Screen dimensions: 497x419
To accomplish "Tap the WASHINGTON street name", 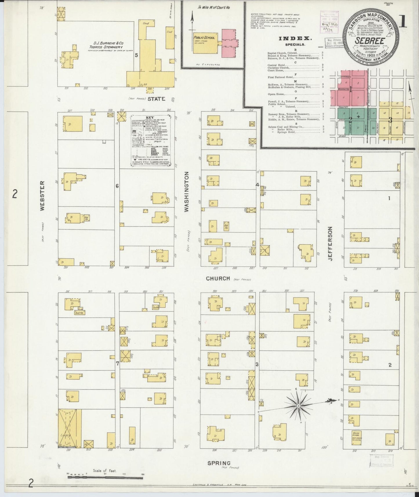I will (x=186, y=191).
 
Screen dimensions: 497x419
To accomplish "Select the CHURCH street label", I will (x=218, y=278).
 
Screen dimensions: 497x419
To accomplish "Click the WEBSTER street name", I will (x=42, y=196).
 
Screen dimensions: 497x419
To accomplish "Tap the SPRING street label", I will (x=219, y=463).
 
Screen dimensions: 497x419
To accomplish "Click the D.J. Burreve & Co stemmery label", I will (x=106, y=45).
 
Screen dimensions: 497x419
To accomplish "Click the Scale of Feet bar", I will (x=105, y=475).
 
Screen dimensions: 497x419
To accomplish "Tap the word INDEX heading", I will (x=295, y=39).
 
